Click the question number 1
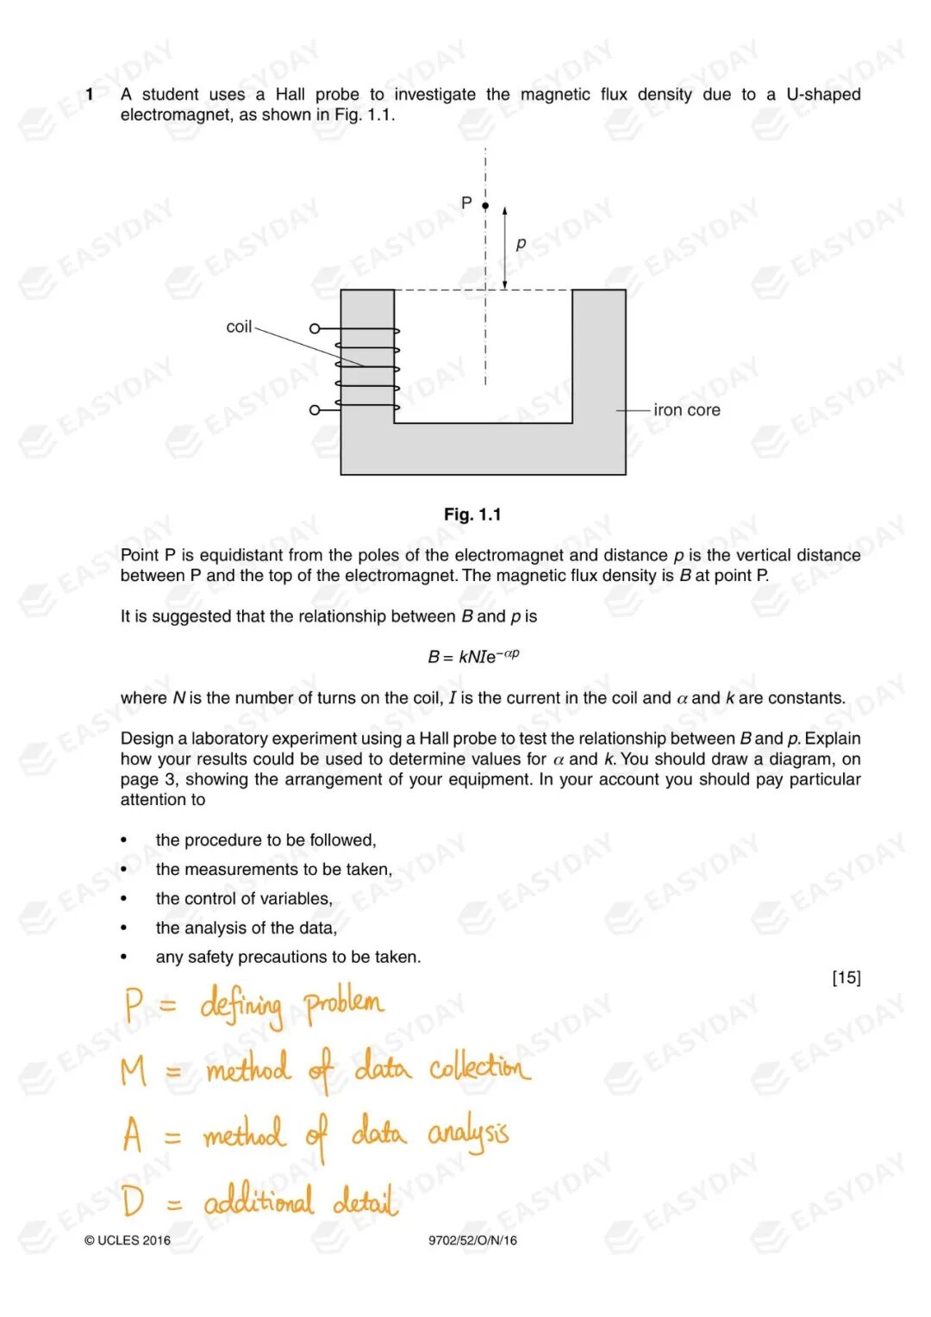tap(89, 94)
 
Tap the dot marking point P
tap(485, 205)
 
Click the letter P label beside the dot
tap(466, 203)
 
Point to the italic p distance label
tap(521, 244)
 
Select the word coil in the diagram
tap(239, 327)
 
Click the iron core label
tap(686, 410)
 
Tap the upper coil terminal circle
tap(315, 328)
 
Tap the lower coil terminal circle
tap(315, 409)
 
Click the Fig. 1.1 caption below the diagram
tap(472, 515)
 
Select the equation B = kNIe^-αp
tap(473, 656)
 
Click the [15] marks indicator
tap(846, 977)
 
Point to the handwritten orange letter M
tap(134, 1070)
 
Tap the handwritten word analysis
tap(468, 1134)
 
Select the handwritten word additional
tap(259, 1201)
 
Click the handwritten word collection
tap(479, 1067)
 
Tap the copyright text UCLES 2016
tap(128, 1240)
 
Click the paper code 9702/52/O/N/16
tap(472, 1240)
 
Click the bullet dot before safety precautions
tap(124, 957)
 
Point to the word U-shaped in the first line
tap(822, 94)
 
